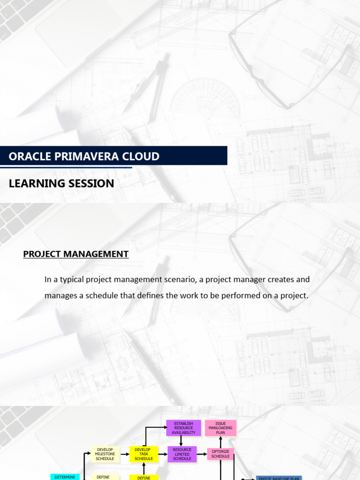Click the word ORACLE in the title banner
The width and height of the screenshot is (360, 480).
28,156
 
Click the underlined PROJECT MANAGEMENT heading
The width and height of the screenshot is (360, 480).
76,254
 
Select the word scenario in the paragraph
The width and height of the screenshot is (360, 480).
175,279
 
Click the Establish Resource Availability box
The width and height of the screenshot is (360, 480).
183,428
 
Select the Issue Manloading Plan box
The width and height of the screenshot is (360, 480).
220,428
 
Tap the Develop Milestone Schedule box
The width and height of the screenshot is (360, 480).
105,454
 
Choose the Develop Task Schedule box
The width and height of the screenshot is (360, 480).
143,454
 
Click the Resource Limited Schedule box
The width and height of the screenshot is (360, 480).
182,454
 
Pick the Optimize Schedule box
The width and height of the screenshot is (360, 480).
220,454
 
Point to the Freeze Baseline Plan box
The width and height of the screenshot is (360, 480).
278,478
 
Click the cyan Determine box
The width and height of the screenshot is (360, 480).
64,477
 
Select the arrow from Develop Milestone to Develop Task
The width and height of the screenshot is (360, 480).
124,454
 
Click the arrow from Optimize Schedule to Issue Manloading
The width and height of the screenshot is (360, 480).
220,442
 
